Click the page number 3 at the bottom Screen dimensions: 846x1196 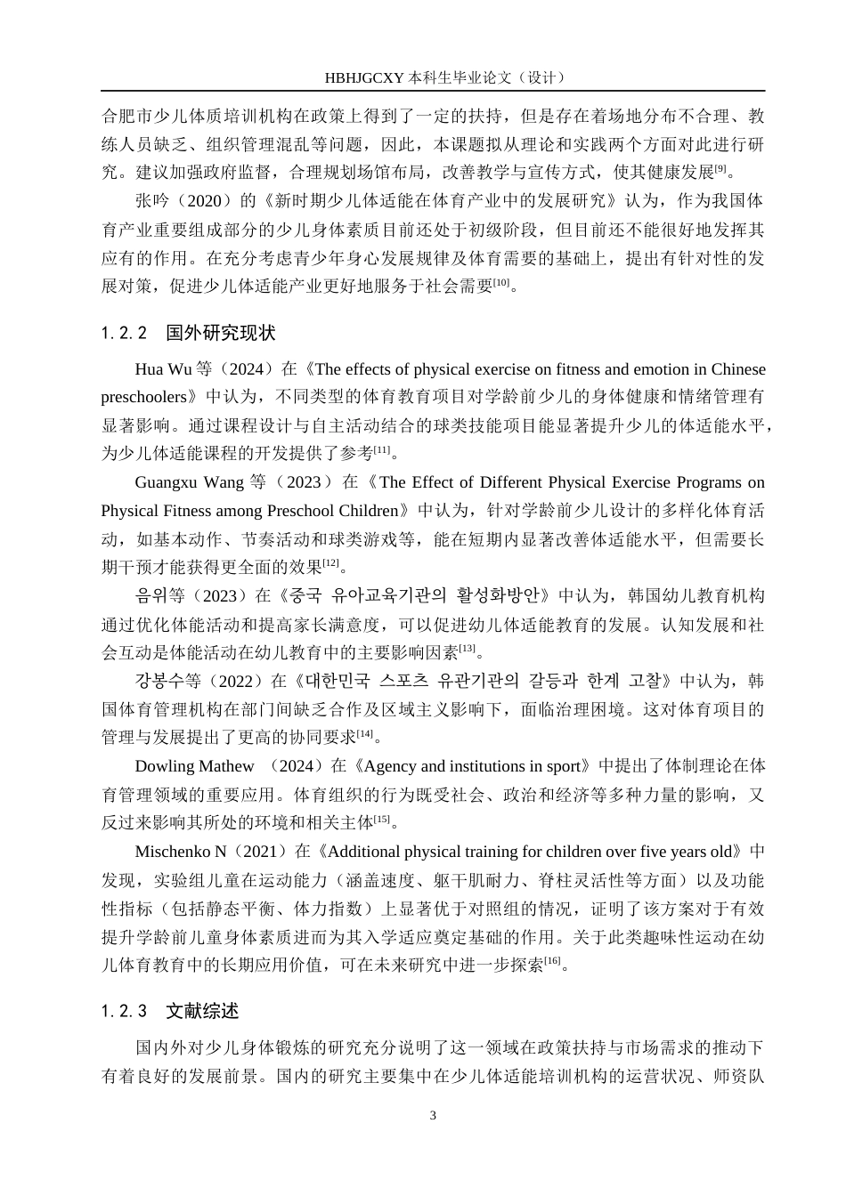pos(433,1116)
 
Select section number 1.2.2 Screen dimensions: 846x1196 pos(125,333)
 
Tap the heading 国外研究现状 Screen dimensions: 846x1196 pos(220,333)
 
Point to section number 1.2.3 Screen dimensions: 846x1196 pos(125,1011)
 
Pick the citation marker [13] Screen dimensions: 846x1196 pos(466,648)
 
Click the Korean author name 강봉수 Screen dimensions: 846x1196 pos(156,681)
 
